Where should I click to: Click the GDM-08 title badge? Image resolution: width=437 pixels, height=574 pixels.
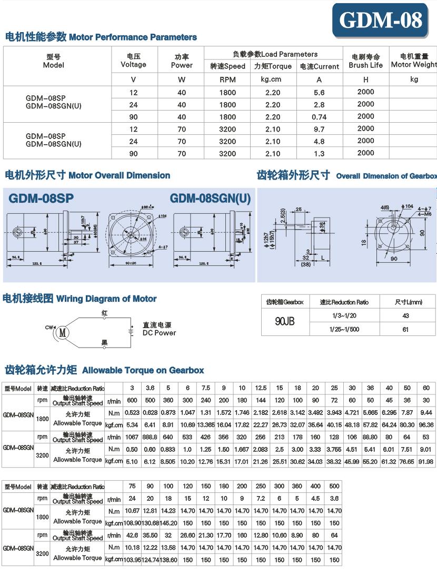coord(380,20)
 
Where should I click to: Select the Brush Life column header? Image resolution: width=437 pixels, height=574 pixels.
coord(365,61)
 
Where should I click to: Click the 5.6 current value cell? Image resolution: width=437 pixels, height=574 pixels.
coord(319,92)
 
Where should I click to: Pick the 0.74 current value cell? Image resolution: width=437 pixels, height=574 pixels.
coord(319,117)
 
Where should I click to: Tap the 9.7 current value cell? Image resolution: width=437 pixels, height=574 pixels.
coord(319,129)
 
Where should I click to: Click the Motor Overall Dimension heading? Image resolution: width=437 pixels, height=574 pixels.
coord(87,175)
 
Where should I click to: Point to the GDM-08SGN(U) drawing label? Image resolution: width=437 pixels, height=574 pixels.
coord(210,199)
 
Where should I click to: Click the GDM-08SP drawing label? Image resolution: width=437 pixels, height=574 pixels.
coord(41,199)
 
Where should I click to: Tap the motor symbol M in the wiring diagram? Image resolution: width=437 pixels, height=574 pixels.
coord(63,332)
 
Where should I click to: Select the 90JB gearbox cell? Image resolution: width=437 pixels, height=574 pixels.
coord(285,321)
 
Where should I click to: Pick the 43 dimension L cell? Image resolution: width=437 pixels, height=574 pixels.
coord(405,315)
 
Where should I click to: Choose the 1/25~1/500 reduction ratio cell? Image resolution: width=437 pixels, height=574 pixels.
coord(344,329)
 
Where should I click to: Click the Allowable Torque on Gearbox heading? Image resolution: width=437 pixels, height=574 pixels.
coord(143,370)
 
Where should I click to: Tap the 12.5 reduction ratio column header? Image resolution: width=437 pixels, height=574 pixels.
coord(261,388)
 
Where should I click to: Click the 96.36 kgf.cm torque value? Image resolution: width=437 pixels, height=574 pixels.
coord(426,424)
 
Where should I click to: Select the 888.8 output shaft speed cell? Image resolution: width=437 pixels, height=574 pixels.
coord(150,437)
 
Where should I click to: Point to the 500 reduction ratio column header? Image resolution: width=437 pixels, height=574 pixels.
coord(334,486)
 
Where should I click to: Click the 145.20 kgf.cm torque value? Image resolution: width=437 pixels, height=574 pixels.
coord(168,523)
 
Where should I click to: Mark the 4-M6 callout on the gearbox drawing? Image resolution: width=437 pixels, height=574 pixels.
coord(425,215)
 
